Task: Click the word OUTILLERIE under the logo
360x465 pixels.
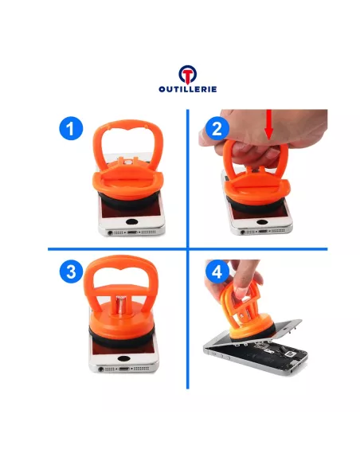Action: [188, 89]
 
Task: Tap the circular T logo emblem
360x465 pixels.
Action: [188, 74]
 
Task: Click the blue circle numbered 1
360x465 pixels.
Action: [71, 128]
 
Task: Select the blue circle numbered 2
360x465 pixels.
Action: [217, 128]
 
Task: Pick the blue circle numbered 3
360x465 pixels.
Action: [71, 271]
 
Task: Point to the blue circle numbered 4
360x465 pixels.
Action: [217, 272]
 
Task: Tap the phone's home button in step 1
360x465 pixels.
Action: [131, 221]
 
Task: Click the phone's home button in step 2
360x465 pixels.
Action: [262, 221]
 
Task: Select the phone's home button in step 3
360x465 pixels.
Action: [123, 358]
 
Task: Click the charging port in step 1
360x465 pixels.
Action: [131, 232]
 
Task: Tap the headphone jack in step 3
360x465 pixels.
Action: [101, 369]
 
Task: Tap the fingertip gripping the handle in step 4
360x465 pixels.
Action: [241, 291]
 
